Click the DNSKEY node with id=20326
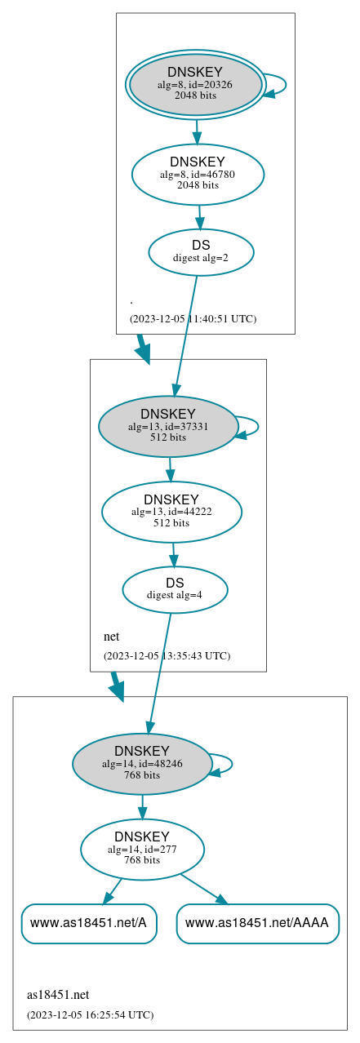[x=196, y=84]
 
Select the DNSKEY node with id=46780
[x=198, y=174]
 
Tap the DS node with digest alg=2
[x=201, y=252]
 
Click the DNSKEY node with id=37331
[x=168, y=426]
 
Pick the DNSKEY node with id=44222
[x=171, y=512]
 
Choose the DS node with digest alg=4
[x=175, y=589]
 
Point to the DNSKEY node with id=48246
[x=142, y=764]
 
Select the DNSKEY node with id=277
[x=142, y=850]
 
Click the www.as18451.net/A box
[x=89, y=923]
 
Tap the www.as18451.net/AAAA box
[x=257, y=923]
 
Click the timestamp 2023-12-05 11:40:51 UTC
[x=193, y=319]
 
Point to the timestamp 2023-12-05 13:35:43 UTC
[x=167, y=656]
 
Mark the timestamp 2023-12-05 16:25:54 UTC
[x=90, y=1015]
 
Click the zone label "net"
[x=112, y=637]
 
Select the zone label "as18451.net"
[x=58, y=995]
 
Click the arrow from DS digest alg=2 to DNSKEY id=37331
[x=185, y=326]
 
